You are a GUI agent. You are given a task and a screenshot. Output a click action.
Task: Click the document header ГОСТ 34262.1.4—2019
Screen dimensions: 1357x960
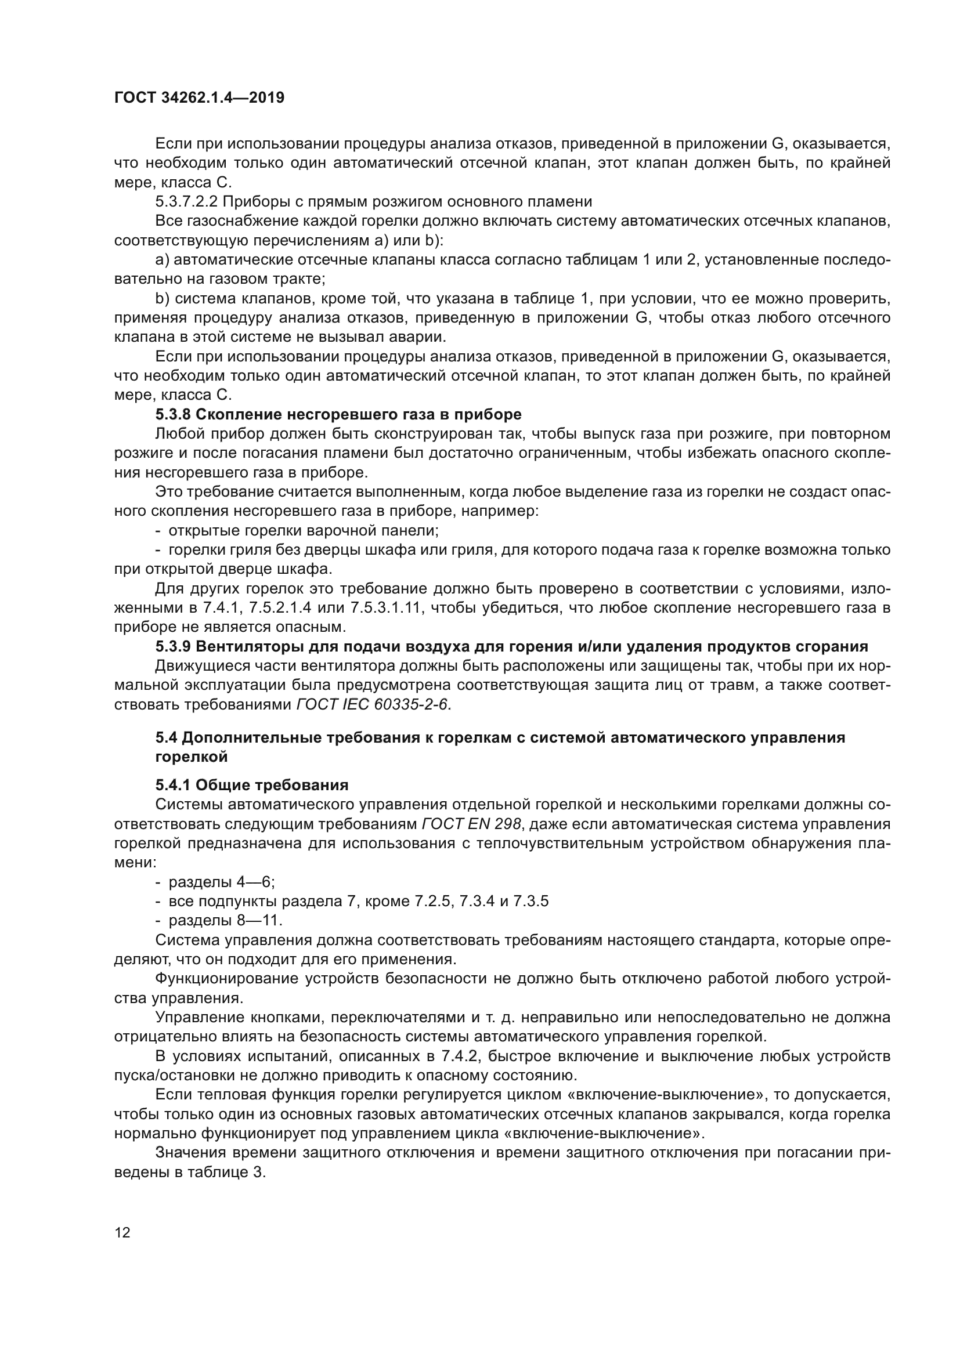click(x=199, y=97)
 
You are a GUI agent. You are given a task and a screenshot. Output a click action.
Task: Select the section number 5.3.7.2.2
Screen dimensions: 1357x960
click(x=187, y=201)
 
